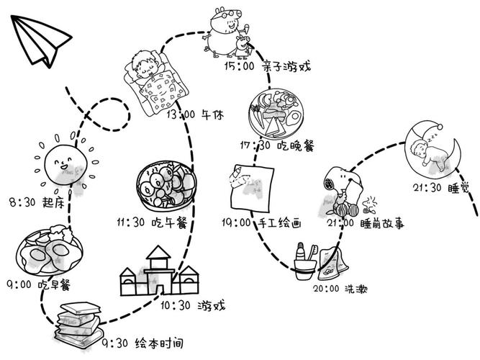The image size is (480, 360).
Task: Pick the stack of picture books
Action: [x=80, y=321]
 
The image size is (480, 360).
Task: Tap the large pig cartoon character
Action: [x=224, y=28]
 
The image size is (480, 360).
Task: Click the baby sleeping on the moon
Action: [x=430, y=151]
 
